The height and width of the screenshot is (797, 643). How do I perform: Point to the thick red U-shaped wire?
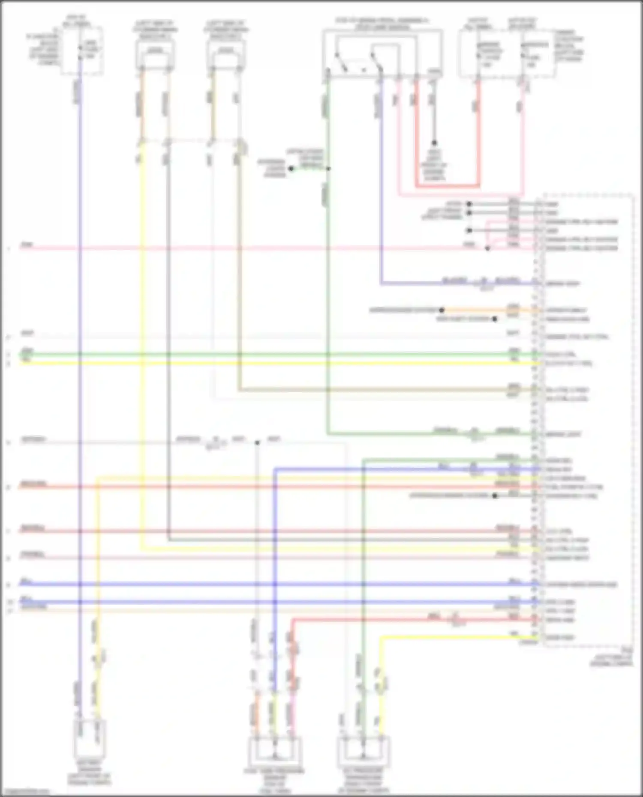tap(446, 186)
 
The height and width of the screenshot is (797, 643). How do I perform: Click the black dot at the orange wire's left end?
tap(442, 310)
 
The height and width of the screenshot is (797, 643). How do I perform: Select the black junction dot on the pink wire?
tap(487, 248)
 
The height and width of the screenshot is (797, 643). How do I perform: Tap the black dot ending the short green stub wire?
tap(291, 169)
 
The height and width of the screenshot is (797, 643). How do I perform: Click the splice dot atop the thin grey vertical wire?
tap(257, 442)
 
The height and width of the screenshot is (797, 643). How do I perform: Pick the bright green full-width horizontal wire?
tap(257, 355)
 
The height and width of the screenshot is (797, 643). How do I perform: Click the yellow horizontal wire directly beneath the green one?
tap(257, 363)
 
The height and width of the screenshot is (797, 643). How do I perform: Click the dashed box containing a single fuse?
tap(81, 51)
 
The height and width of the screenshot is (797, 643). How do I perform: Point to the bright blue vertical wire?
tap(275, 557)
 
